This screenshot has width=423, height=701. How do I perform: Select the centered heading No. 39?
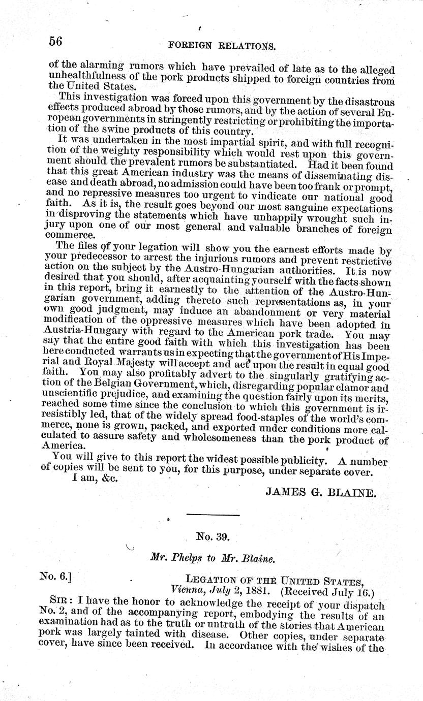(x=213, y=535)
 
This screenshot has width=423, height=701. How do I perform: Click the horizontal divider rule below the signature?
(x=213, y=516)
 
